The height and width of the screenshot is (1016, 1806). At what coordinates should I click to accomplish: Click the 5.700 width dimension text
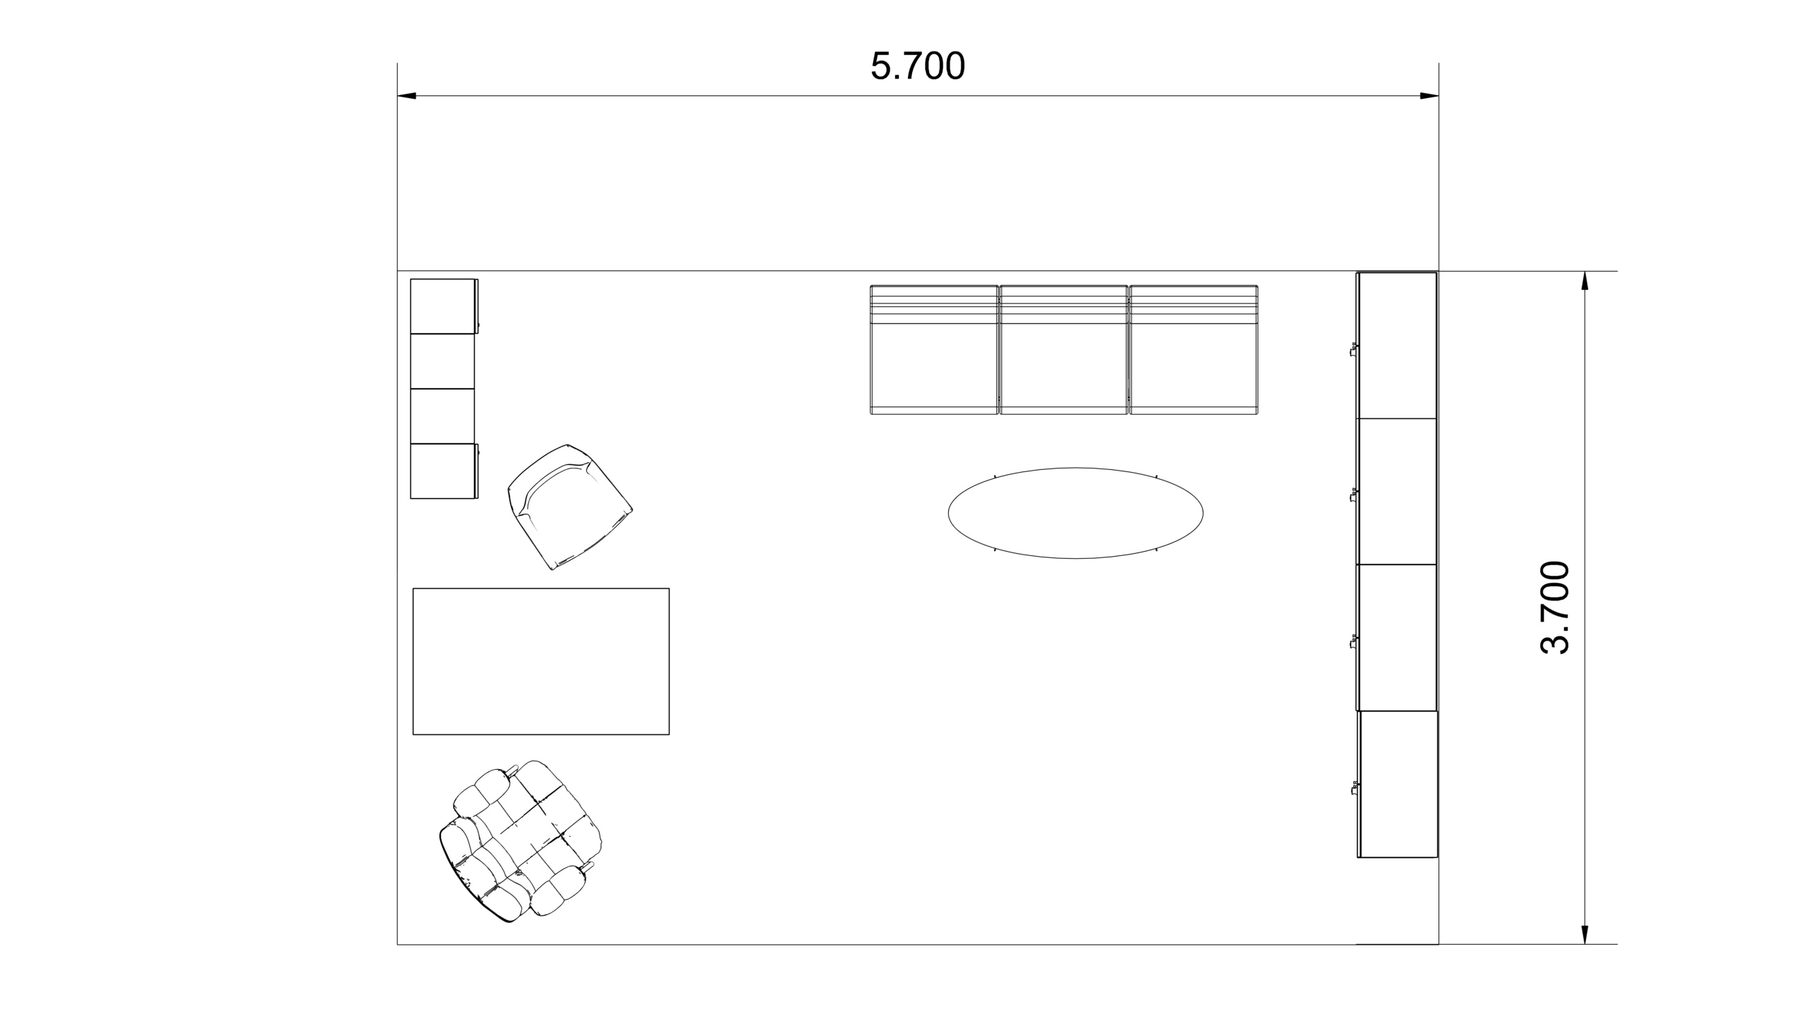click(x=917, y=66)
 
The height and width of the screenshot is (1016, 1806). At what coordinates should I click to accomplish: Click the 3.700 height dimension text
click(x=1554, y=607)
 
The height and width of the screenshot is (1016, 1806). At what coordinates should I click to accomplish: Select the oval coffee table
click(x=1075, y=513)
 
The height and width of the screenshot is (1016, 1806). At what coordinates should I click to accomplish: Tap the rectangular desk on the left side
click(x=541, y=661)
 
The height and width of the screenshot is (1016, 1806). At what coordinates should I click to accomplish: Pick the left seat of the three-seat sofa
click(x=934, y=349)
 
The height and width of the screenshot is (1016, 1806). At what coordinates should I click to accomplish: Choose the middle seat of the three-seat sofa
click(x=1064, y=349)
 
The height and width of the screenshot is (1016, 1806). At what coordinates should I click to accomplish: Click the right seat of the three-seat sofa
click(x=1194, y=349)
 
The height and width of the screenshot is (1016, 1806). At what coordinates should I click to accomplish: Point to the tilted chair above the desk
click(x=569, y=507)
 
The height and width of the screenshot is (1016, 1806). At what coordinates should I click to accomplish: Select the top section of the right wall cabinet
click(x=1397, y=345)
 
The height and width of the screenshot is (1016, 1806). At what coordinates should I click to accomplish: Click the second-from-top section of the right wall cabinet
click(x=1397, y=491)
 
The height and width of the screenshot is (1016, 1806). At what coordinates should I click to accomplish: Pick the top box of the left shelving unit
click(x=443, y=306)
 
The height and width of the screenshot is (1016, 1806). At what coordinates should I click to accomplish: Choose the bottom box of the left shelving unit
click(x=443, y=471)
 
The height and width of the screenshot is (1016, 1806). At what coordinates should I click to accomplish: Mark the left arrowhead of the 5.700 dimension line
click(x=407, y=95)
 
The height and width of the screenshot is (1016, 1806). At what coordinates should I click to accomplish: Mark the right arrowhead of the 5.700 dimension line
click(x=1429, y=95)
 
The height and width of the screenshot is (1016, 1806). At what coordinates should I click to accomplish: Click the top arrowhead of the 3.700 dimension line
click(x=1585, y=281)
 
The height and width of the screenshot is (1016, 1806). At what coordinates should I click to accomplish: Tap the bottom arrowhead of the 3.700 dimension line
click(x=1585, y=934)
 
